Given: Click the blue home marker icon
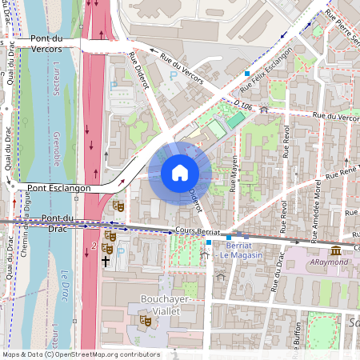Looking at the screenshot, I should (179, 172).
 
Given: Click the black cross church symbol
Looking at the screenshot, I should (105, 261).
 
